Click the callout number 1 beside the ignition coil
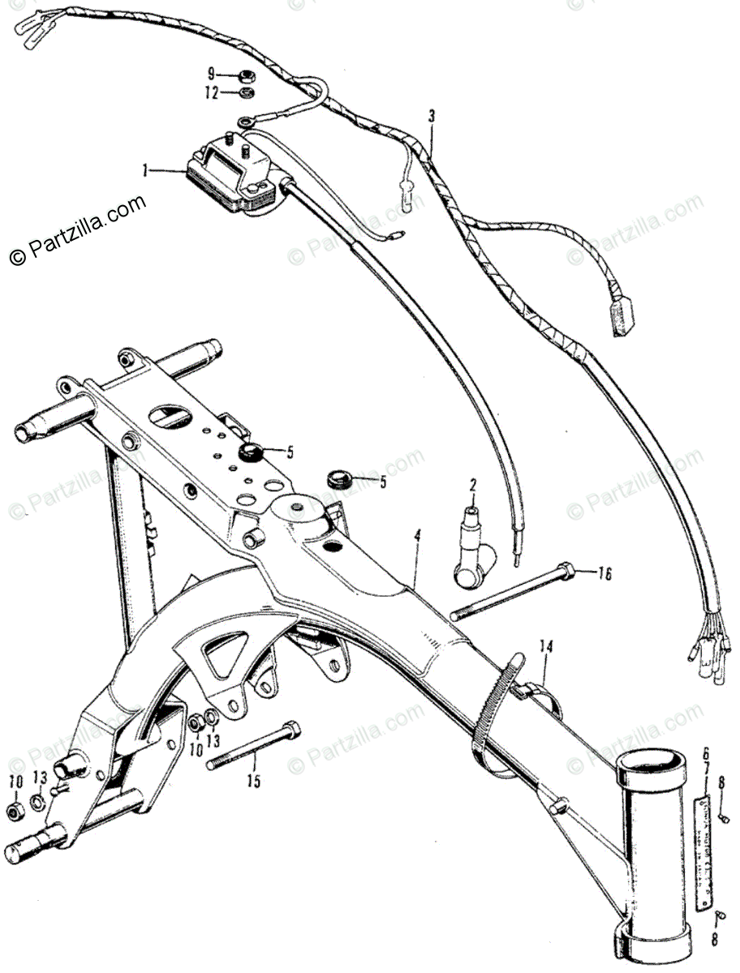(x=144, y=171)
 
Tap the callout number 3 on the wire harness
(x=432, y=116)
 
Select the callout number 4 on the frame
(x=417, y=536)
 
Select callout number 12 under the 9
(x=211, y=93)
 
